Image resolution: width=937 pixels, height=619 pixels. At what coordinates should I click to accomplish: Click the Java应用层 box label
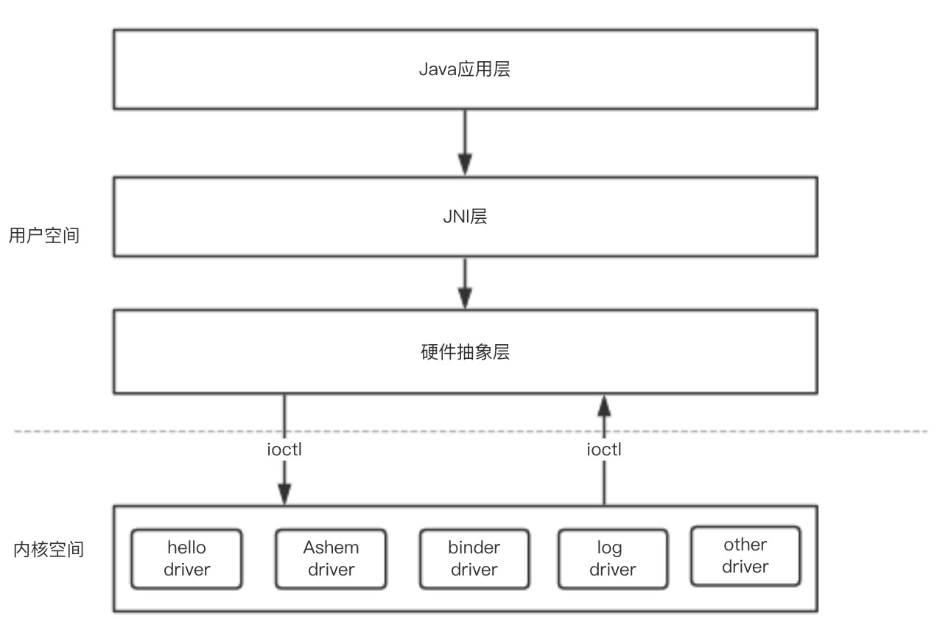click(465, 70)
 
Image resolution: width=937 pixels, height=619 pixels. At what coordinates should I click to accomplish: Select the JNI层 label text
click(465, 217)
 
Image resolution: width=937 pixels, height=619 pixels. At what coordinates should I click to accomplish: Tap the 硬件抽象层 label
click(465, 352)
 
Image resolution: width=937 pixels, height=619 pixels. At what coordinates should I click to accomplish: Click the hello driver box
click(186, 559)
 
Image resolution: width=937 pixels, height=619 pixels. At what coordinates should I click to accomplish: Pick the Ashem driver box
click(331, 559)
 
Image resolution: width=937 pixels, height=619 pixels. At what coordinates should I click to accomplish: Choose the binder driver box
click(474, 559)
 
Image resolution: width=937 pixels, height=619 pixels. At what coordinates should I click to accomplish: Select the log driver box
click(612, 559)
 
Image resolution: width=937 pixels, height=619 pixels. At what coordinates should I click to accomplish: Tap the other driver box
click(745, 556)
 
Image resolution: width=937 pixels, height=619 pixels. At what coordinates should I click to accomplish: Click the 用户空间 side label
click(43, 236)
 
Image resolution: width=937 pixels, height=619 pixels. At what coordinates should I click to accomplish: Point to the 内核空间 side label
click(49, 550)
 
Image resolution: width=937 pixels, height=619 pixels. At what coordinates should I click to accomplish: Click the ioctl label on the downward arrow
click(284, 449)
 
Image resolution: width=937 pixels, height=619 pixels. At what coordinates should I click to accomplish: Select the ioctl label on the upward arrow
click(604, 449)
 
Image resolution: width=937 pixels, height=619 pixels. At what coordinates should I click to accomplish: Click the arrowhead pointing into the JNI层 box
click(465, 165)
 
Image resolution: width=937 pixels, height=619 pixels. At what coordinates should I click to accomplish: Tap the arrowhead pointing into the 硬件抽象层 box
click(465, 298)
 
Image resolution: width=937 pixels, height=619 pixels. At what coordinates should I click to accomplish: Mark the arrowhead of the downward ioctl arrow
click(284, 494)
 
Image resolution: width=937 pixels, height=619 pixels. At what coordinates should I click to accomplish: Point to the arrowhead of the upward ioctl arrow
click(604, 405)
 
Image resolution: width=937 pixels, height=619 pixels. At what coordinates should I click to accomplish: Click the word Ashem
click(331, 548)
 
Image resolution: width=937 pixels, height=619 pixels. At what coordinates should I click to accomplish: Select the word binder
click(474, 548)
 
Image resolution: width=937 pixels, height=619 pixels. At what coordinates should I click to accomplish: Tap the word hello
click(186, 548)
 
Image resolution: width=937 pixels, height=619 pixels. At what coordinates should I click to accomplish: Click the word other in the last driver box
click(745, 545)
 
